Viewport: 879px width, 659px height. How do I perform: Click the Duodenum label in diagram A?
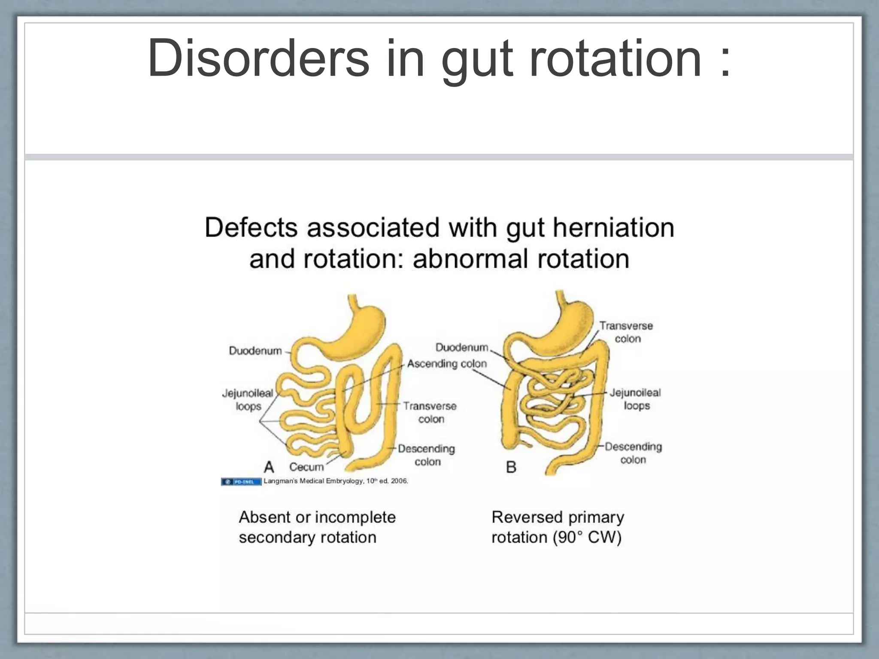click(x=255, y=351)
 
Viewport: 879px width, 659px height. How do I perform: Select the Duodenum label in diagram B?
click(x=462, y=347)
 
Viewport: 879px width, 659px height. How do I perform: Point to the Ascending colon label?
click(x=447, y=364)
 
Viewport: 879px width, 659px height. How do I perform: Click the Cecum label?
click(x=306, y=467)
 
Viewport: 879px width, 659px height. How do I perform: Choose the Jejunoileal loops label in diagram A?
click(x=248, y=399)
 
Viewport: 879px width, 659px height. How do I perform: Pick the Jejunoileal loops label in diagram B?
click(x=636, y=399)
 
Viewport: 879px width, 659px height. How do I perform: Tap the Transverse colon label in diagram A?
click(x=430, y=412)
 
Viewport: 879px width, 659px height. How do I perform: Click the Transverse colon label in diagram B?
click(x=626, y=332)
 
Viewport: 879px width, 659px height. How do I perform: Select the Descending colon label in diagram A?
click(x=426, y=455)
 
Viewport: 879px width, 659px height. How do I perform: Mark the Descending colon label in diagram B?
click(x=633, y=453)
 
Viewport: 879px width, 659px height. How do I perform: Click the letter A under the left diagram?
click(x=269, y=467)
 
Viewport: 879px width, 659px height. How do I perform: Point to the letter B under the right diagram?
click(x=511, y=467)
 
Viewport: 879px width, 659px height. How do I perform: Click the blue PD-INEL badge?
click(x=241, y=482)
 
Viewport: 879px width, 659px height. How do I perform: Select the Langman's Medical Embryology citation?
click(x=336, y=481)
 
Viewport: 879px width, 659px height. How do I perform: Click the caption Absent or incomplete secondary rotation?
click(x=317, y=527)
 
